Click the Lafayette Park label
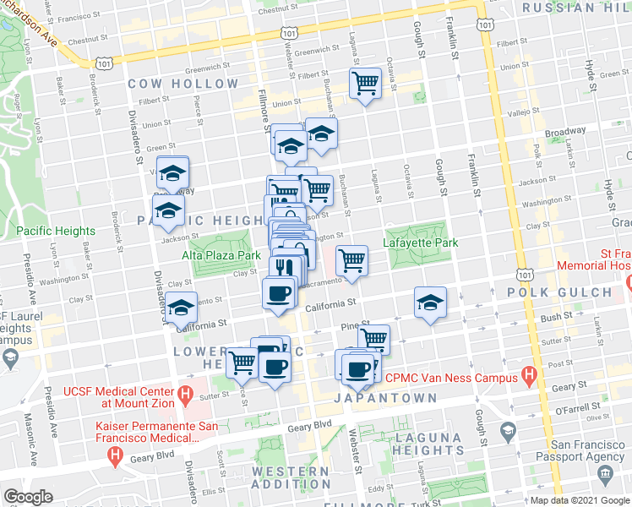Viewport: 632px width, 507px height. click(421, 243)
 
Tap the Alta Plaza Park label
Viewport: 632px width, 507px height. click(220, 254)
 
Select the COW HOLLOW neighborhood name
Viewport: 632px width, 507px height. click(183, 84)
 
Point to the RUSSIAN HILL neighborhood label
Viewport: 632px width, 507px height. click(575, 8)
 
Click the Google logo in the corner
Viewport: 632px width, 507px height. click(29, 497)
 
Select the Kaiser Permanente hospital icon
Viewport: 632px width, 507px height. click(116, 456)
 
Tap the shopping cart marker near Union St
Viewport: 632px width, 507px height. click(366, 84)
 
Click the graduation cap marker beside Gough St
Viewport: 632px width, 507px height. click(430, 303)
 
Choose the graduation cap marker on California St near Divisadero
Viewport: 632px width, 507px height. click(181, 310)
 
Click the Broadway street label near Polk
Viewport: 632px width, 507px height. click(564, 132)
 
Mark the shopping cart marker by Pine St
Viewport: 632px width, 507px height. click(373, 339)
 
